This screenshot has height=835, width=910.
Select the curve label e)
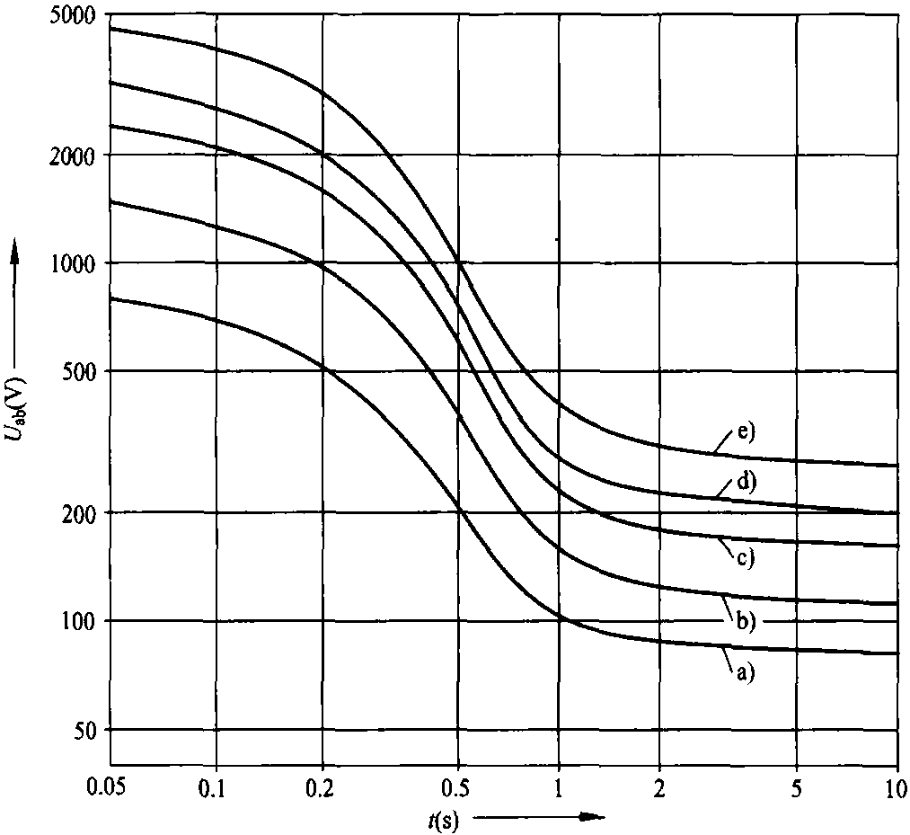pyautogui.click(x=746, y=432)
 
